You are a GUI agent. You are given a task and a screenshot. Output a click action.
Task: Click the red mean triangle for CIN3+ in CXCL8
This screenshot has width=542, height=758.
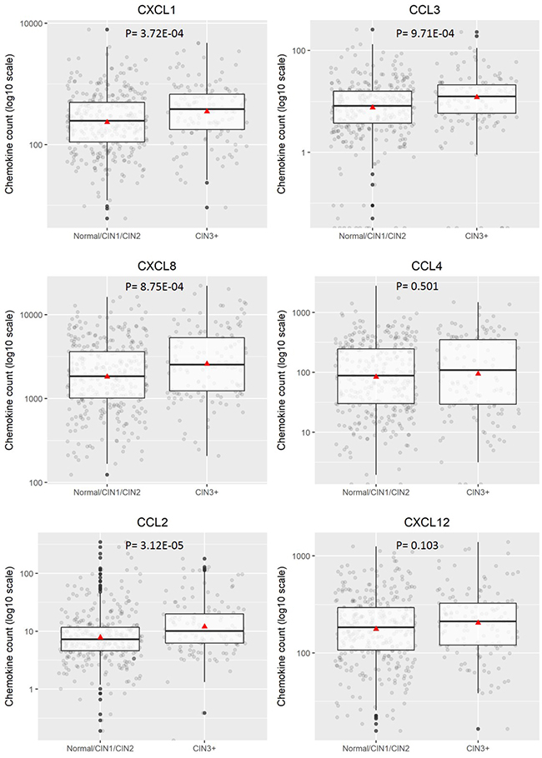[x=207, y=363]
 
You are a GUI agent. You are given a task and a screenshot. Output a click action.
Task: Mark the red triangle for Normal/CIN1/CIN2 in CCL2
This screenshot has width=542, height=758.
[x=100, y=637]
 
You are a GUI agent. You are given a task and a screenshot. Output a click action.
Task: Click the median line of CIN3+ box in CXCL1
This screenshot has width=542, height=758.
[x=207, y=109]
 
